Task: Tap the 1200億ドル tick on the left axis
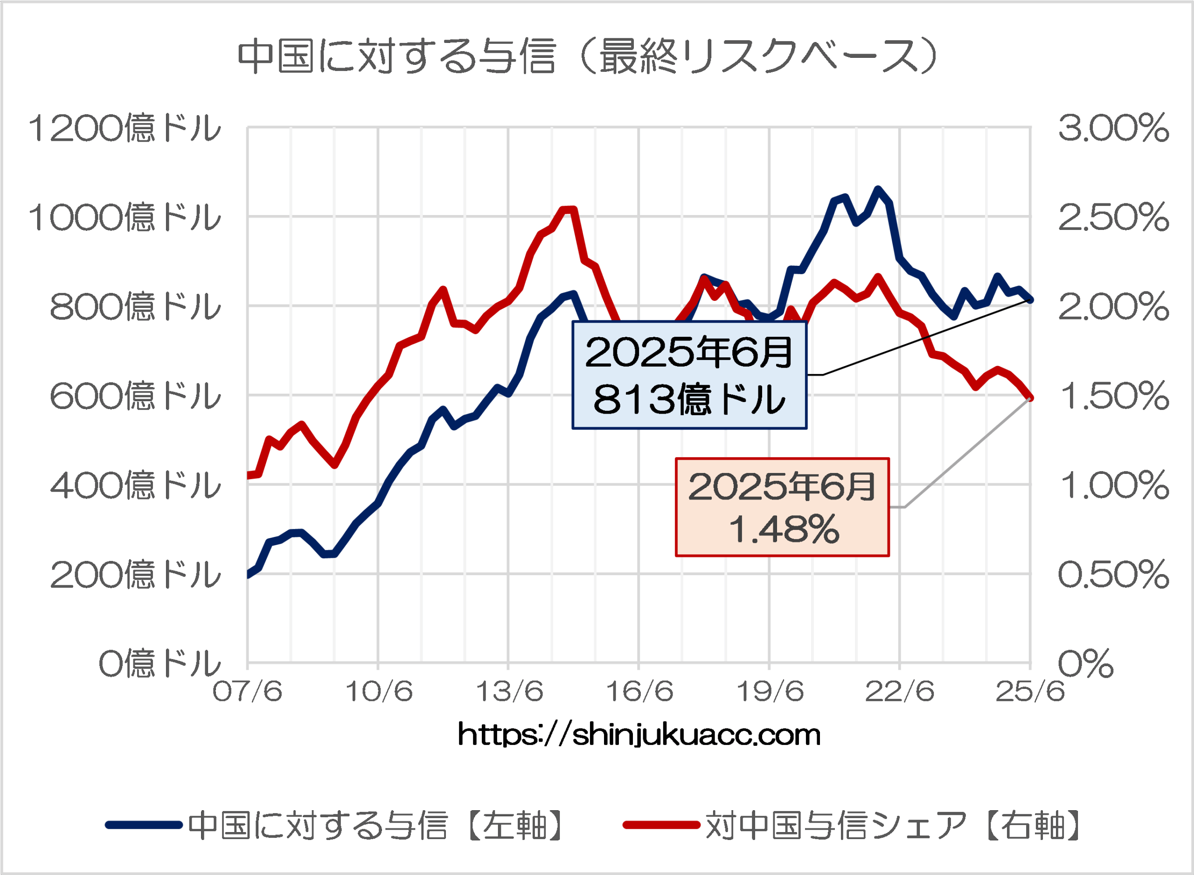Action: pos(124,128)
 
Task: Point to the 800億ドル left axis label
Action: pos(135,307)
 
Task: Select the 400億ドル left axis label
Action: pos(135,485)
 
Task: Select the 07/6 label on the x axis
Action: pos(247,692)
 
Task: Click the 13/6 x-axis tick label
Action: pos(509,692)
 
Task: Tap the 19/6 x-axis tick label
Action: pos(770,692)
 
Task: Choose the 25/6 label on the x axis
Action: pos(1030,692)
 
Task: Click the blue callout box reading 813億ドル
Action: pos(689,375)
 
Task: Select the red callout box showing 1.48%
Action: pos(782,507)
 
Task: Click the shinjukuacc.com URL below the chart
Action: pos(639,735)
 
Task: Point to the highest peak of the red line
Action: pos(569,210)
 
